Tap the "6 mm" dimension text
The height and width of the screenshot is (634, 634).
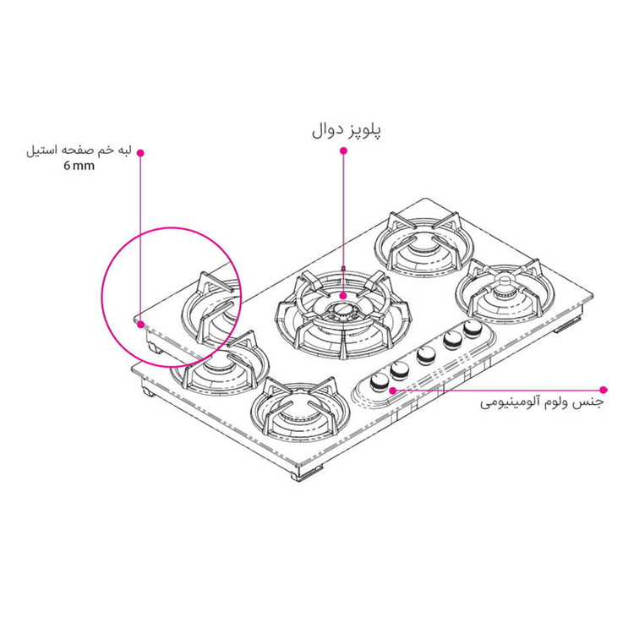tap(79, 166)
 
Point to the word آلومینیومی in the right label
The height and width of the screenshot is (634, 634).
tap(511, 403)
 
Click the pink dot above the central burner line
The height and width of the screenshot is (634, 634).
tap(343, 150)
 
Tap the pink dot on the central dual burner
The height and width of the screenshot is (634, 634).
tap(343, 296)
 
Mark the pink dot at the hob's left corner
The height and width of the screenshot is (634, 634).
tap(140, 325)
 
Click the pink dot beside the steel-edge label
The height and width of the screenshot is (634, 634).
tap(140, 153)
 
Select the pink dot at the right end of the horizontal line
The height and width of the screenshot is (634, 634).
tap(604, 390)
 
